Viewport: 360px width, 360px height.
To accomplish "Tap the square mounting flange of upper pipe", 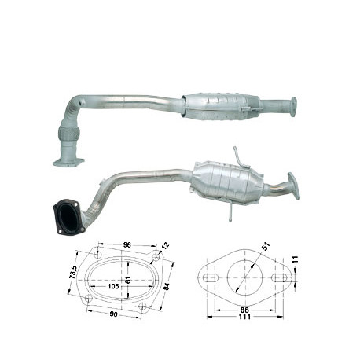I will (x=68, y=161).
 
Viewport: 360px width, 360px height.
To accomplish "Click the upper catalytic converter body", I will (x=218, y=108).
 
